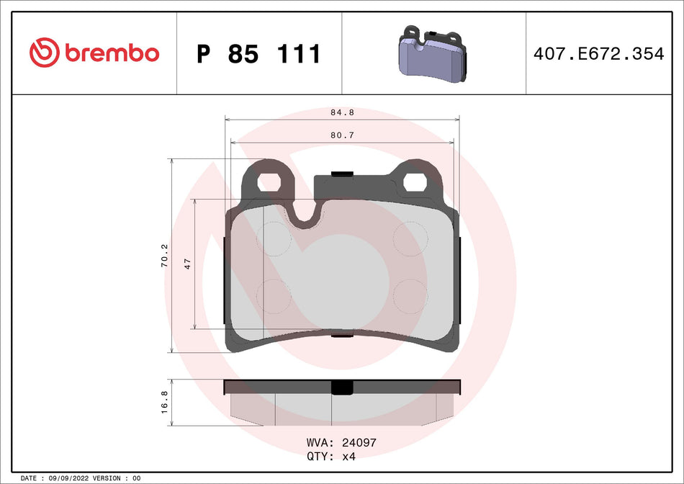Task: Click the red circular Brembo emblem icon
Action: (x=43, y=53)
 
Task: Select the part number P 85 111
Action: (x=258, y=54)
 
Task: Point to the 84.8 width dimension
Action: (x=342, y=112)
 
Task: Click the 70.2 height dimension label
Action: (x=164, y=256)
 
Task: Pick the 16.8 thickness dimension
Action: (x=164, y=402)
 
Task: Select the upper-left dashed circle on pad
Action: (x=274, y=237)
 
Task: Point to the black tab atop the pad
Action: (x=341, y=174)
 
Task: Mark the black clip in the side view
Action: (x=342, y=387)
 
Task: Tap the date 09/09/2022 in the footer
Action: (x=71, y=478)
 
